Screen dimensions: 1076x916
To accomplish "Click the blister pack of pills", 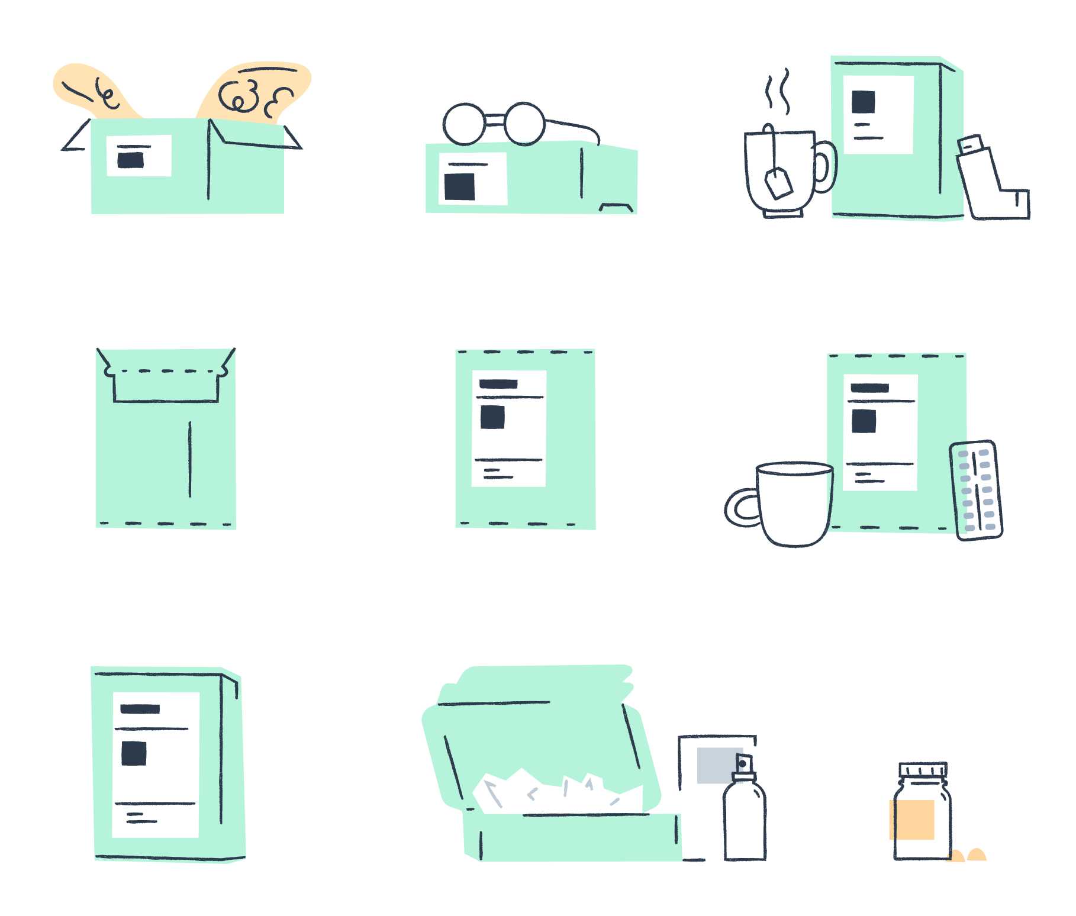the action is [x=976, y=490].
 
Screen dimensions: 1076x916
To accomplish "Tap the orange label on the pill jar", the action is [x=912, y=820].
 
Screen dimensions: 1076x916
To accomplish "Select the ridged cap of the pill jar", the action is [x=923, y=770].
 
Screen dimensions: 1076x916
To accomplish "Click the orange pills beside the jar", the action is [x=967, y=856].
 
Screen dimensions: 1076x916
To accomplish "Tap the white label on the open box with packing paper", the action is [x=139, y=156].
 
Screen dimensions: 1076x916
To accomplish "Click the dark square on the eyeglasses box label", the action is [x=460, y=186].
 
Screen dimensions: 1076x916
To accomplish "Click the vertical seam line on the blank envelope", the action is [x=190, y=459].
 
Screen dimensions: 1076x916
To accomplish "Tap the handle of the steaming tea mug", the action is [x=826, y=167].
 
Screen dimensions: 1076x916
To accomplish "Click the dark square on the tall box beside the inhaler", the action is [x=863, y=102].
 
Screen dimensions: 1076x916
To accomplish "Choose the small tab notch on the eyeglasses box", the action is [x=616, y=207].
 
